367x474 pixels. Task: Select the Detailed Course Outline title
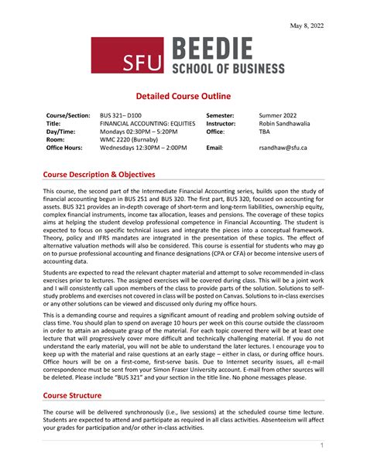[x=183, y=96]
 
